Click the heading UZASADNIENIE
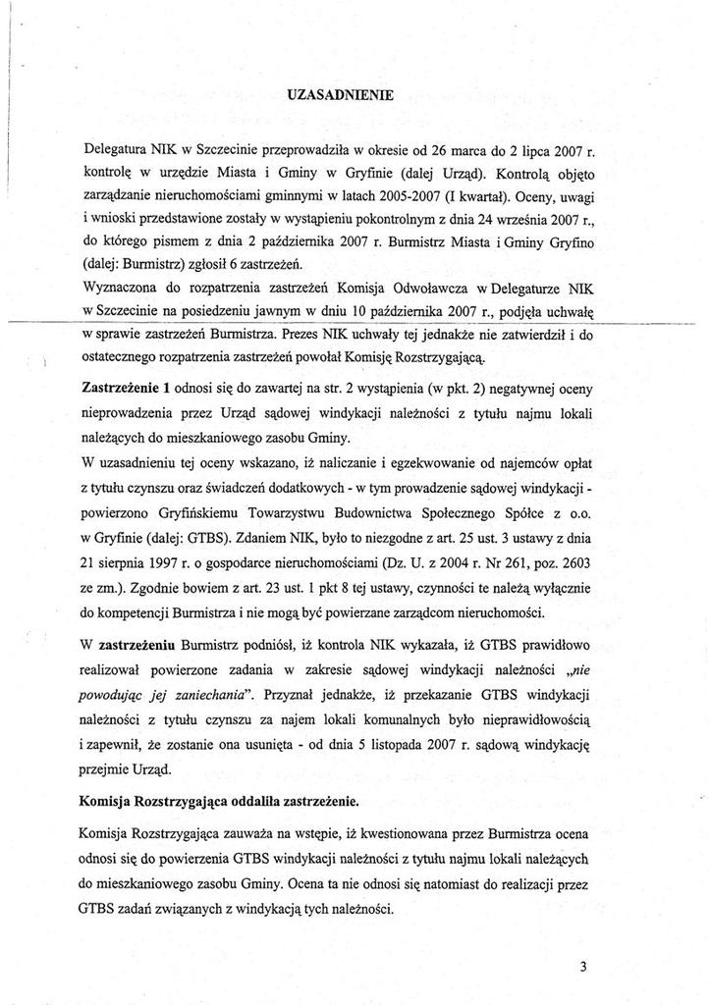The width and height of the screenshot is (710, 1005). (x=341, y=95)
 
